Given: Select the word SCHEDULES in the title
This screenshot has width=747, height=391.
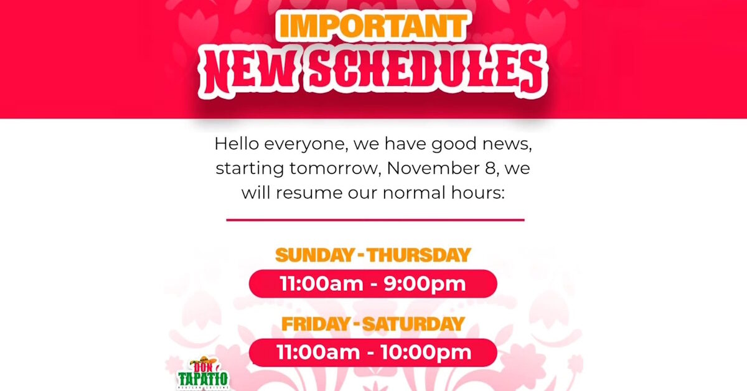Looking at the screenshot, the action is click(x=426, y=72).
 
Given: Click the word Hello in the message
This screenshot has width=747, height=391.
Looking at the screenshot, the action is click(x=237, y=144).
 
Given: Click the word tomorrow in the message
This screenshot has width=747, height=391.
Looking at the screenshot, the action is click(x=335, y=168).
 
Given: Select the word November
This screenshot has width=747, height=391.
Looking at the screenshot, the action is click(x=433, y=168).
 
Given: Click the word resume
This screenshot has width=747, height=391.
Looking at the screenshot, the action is click(x=309, y=193).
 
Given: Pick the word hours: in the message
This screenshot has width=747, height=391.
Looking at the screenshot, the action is click(x=478, y=192).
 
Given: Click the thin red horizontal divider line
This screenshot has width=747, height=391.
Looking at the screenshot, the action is click(x=375, y=220).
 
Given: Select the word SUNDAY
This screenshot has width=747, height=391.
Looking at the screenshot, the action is click(x=314, y=255).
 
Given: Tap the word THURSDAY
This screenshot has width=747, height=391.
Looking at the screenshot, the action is click(x=419, y=255).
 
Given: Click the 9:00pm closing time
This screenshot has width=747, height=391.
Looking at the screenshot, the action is click(x=425, y=285).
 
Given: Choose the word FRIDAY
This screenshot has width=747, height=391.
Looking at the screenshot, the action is click(x=316, y=324).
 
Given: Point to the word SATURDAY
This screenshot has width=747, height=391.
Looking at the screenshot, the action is click(x=413, y=324).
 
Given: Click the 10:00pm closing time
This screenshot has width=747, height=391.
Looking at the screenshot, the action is click(x=426, y=352).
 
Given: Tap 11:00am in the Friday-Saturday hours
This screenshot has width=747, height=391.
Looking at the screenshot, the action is click(x=318, y=352).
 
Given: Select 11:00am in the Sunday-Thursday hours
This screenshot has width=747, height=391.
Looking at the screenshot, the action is click(x=321, y=284).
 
